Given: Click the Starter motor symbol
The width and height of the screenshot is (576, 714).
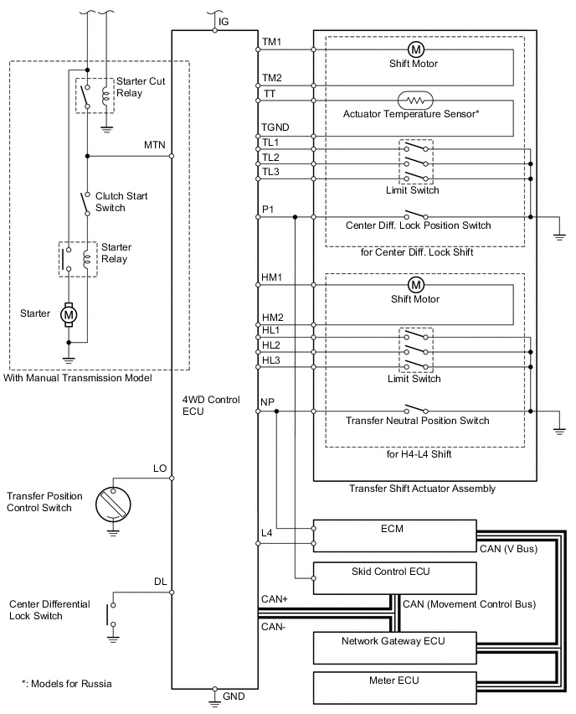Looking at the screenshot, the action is [x=69, y=314].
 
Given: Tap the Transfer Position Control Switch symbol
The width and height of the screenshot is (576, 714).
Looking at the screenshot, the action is [x=113, y=505].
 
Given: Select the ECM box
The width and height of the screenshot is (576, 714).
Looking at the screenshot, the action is [x=395, y=536].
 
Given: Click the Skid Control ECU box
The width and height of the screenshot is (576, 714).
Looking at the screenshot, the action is [x=395, y=578].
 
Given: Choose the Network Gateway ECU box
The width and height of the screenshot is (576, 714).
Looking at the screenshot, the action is [x=395, y=648].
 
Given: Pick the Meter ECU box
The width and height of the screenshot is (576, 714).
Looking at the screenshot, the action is [x=395, y=687].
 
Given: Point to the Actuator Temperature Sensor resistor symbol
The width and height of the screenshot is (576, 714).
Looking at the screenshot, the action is [x=415, y=101].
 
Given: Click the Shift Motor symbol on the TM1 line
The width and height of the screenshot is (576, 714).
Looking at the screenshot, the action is [x=415, y=49].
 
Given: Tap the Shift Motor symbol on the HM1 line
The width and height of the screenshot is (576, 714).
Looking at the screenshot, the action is [x=416, y=285].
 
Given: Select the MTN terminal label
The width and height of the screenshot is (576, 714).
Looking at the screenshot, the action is [x=155, y=145].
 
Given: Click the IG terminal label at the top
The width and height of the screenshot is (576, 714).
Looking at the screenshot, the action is [x=224, y=22].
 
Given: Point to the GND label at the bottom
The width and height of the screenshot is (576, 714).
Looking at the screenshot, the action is [x=234, y=696].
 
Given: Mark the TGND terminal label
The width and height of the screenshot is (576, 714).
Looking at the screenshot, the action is [x=275, y=127].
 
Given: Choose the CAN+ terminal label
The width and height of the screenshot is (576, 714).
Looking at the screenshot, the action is [x=275, y=599].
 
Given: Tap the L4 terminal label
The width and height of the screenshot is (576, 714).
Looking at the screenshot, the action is [x=266, y=533].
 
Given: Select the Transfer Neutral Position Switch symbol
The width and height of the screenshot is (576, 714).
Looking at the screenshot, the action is [x=416, y=408].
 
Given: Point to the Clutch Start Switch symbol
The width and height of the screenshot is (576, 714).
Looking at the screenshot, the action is [x=85, y=204].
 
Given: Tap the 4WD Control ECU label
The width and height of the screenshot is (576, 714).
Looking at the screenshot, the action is [x=211, y=406].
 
